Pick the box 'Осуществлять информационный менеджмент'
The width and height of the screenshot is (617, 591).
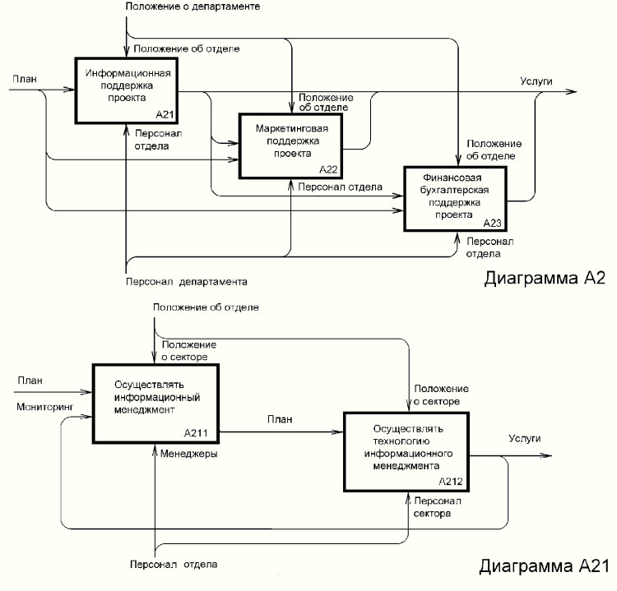[x=155, y=402]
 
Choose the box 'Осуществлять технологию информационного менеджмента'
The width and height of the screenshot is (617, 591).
[x=408, y=453]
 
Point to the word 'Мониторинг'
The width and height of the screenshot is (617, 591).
[x=41, y=406]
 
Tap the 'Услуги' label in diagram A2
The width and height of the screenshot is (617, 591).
[x=536, y=81]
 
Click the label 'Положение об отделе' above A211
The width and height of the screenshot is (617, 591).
[x=206, y=307]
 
